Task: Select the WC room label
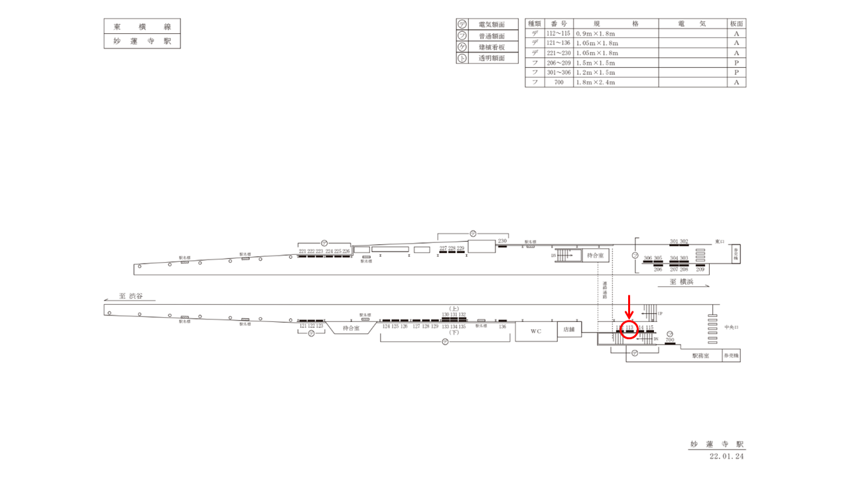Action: pyautogui.click(x=535, y=330)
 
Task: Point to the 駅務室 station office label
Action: pyautogui.click(x=701, y=357)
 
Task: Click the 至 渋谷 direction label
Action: pyautogui.click(x=132, y=296)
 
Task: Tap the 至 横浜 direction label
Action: pyautogui.click(x=682, y=281)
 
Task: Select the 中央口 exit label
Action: pyautogui.click(x=732, y=327)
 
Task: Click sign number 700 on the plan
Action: pyautogui.click(x=670, y=340)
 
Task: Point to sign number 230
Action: pyautogui.click(x=502, y=241)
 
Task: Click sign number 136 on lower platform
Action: pyautogui.click(x=502, y=326)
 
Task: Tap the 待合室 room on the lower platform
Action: pyautogui.click(x=351, y=328)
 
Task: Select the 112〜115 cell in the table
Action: pyautogui.click(x=558, y=33)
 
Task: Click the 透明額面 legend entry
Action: pyautogui.click(x=491, y=58)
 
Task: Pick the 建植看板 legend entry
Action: pyautogui.click(x=491, y=47)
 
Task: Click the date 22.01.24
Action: pyautogui.click(x=728, y=456)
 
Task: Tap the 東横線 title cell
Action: pyautogui.click(x=142, y=27)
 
